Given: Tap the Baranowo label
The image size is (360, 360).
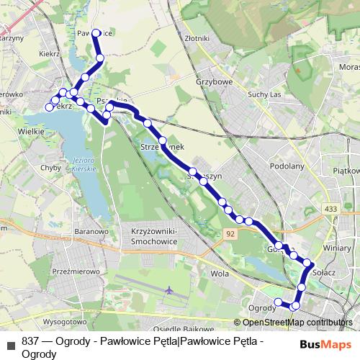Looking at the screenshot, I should click(91, 232).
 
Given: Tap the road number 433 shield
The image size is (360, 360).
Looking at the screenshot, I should click(330, 209).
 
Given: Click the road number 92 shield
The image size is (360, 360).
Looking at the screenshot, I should click(229, 234).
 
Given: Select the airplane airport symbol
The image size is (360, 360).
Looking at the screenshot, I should click(168, 290).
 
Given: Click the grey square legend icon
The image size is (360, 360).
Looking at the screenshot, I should click(10, 342).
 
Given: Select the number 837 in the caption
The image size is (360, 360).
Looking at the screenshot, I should click(31, 341).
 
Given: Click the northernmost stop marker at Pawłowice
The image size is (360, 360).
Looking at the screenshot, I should click(96, 33).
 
